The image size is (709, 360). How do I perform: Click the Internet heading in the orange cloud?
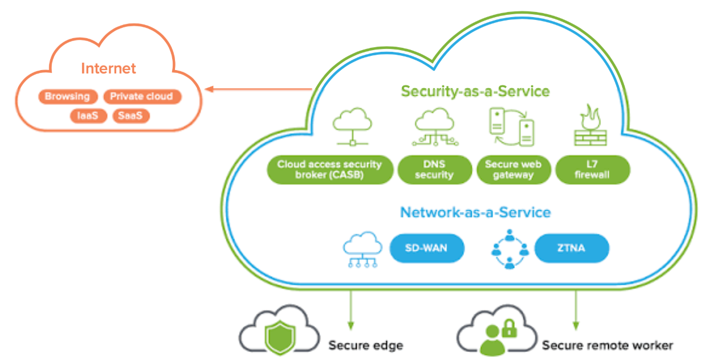(x=108, y=68)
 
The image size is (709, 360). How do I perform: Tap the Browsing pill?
(x=67, y=96)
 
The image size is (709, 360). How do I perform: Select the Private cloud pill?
(x=141, y=96)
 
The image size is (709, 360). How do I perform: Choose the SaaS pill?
(x=131, y=116)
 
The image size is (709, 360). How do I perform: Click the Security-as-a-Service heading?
(x=475, y=91)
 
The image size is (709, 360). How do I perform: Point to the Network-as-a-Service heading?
(x=475, y=212)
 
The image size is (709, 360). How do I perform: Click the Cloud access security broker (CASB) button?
(x=329, y=170)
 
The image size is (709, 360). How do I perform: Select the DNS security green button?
(x=434, y=170)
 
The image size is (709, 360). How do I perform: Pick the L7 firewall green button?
(x=592, y=170)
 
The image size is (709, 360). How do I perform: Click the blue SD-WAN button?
(x=426, y=249)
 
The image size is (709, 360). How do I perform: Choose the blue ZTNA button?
(x=572, y=249)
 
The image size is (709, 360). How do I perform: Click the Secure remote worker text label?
(x=607, y=345)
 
